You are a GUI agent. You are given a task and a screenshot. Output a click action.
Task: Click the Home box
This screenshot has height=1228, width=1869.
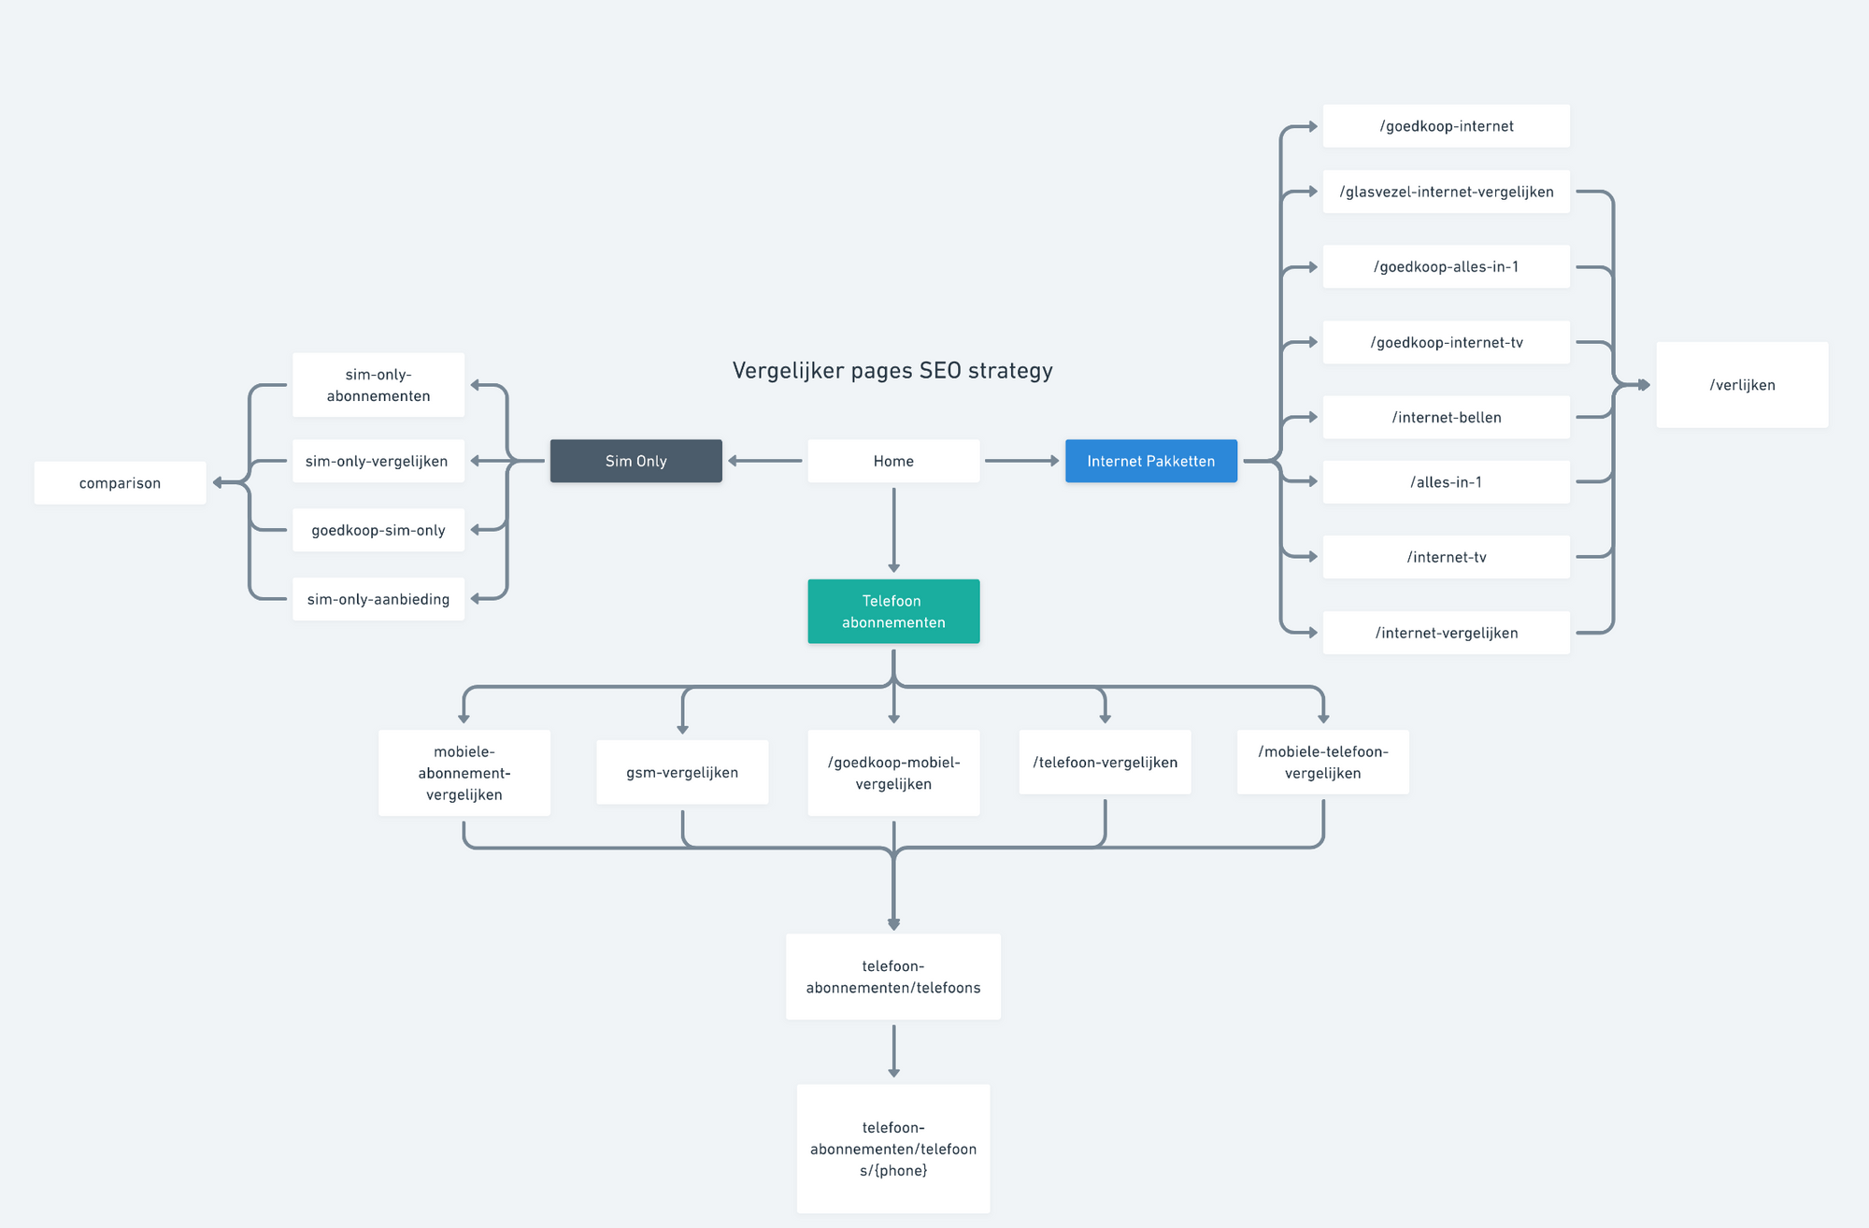pyautogui.click(x=893, y=461)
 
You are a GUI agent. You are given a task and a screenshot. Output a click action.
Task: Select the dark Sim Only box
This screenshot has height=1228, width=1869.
pyautogui.click(x=635, y=461)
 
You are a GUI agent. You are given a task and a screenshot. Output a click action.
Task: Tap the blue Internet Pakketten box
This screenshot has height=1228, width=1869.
pyautogui.click(x=1151, y=461)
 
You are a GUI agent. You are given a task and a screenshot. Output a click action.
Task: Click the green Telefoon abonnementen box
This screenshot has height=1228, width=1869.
pyautogui.click(x=893, y=611)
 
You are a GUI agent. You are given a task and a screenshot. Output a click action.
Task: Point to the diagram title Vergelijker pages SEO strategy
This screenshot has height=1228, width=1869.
pyautogui.click(x=892, y=371)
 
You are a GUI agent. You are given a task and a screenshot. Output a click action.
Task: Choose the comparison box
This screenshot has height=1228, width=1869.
pyautogui.click(x=120, y=483)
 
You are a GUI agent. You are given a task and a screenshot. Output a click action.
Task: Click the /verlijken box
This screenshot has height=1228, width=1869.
pyautogui.click(x=1742, y=385)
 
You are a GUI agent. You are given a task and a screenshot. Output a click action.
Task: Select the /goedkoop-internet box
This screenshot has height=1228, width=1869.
pyautogui.click(x=1446, y=126)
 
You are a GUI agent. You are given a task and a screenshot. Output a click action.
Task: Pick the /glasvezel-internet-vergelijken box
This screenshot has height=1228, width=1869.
pyautogui.click(x=1446, y=192)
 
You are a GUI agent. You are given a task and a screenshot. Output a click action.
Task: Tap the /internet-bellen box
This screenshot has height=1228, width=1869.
pyautogui.click(x=1446, y=417)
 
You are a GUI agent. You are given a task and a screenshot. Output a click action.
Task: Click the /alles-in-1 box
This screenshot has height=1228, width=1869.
pyautogui.click(x=1446, y=482)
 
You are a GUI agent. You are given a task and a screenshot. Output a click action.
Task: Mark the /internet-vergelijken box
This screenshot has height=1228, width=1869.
pyautogui.click(x=1446, y=633)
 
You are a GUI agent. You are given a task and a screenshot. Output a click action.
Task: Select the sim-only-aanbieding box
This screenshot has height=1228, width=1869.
pyautogui.click(x=378, y=599)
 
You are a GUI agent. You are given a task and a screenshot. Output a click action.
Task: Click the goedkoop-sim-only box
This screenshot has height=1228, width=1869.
pyautogui.click(x=378, y=530)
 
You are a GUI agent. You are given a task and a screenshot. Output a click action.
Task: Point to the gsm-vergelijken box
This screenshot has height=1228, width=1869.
pyautogui.click(x=682, y=773)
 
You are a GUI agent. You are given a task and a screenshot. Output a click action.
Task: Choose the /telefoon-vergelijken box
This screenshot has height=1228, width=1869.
pyautogui.click(x=1105, y=763)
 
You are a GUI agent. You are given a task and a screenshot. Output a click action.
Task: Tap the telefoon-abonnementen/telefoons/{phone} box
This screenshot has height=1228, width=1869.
pyautogui.click(x=893, y=1149)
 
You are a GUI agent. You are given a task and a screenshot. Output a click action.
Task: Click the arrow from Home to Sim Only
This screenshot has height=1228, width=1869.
pyautogui.click(x=765, y=461)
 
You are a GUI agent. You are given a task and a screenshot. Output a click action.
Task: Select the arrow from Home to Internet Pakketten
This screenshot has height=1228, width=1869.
pyautogui.click(x=1022, y=461)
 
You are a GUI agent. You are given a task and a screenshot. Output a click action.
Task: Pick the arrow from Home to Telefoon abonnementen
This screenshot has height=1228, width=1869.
pyautogui.click(x=893, y=530)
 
